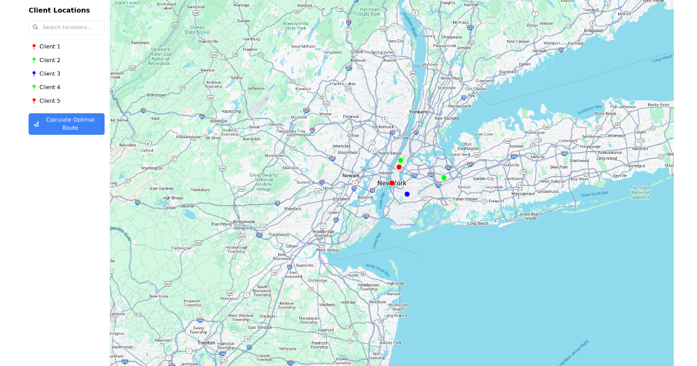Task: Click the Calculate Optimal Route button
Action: pos(66,124)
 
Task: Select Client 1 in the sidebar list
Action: pos(49,46)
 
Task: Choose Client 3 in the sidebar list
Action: pos(49,74)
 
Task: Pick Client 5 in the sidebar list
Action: pos(49,101)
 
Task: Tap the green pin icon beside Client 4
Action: pos(34,87)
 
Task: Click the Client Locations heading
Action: pos(59,10)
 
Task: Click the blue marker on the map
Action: pos(407,194)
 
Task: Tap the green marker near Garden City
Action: pos(444,178)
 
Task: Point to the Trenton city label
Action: pos(206,343)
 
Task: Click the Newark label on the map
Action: pos(351,175)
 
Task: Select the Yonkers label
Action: pos(418,112)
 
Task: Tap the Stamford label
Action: pos(507,71)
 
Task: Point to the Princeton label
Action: pos(229,299)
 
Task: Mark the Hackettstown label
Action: pos(188,137)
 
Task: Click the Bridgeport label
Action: pos(593,30)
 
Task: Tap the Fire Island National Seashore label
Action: pos(640,192)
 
